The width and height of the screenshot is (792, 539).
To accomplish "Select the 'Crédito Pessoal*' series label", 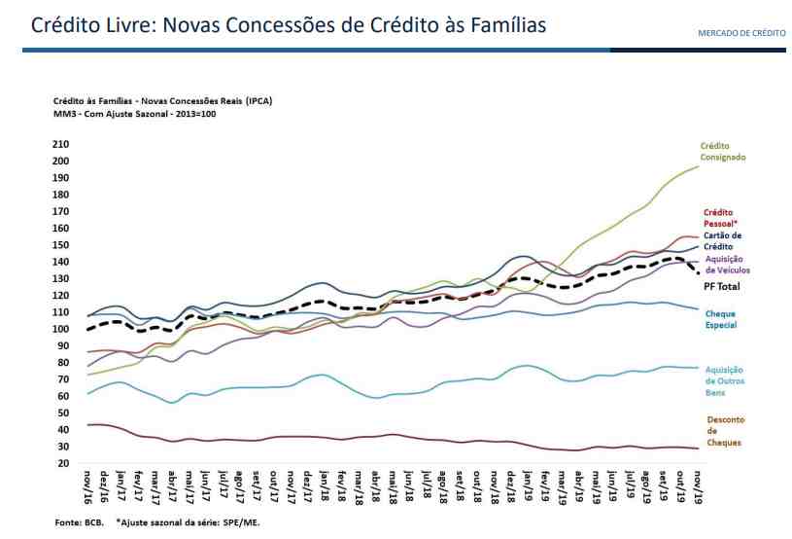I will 718,217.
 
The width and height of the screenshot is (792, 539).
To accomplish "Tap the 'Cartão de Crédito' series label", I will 722,240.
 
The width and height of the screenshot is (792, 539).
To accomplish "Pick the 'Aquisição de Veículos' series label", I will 726,264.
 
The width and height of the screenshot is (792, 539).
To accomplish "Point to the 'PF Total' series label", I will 722,287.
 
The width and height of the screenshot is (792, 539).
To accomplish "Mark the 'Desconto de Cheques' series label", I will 724,431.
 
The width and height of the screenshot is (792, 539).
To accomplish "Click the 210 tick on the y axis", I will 60,144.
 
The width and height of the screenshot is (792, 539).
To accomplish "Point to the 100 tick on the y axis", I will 60,329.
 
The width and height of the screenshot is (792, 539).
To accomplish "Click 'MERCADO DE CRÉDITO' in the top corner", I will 741,33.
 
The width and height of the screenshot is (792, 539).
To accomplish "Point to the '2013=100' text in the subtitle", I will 194,114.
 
